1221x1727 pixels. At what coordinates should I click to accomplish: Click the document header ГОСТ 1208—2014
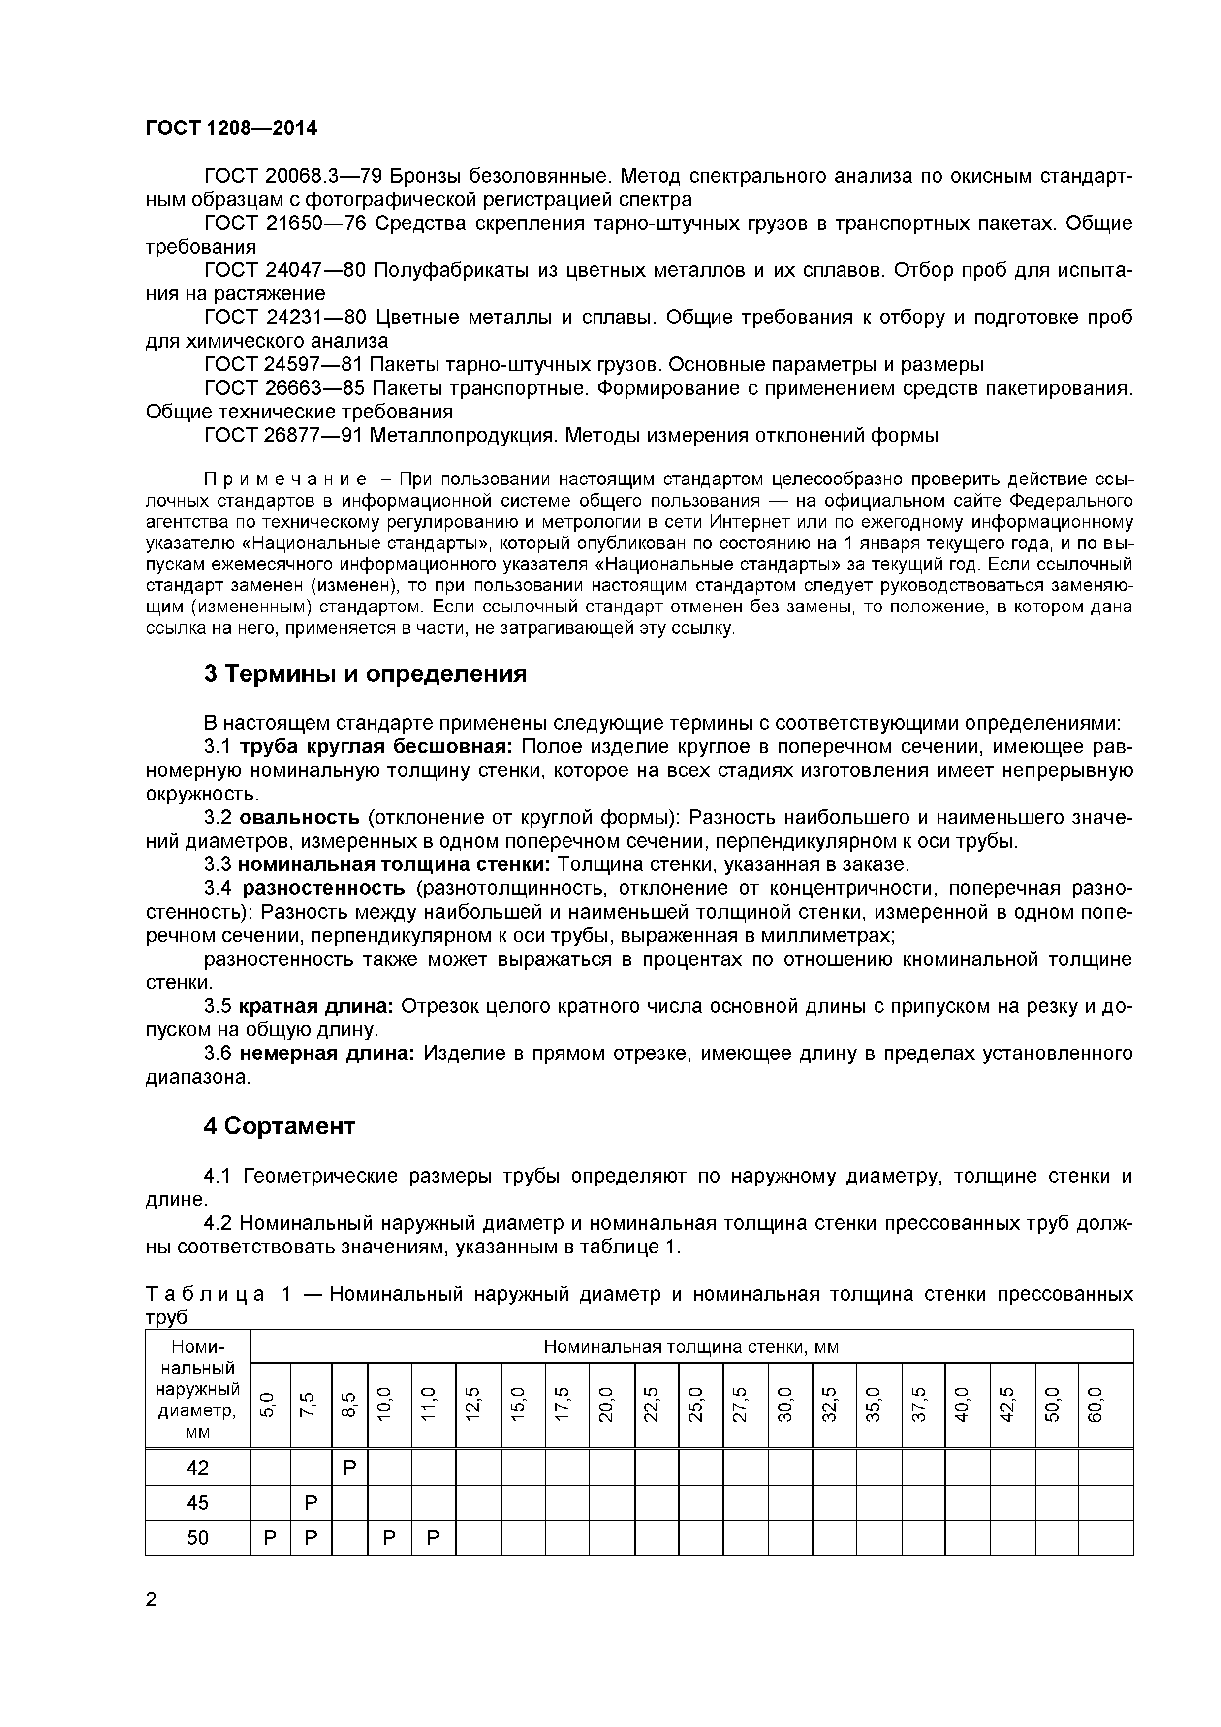coord(231,128)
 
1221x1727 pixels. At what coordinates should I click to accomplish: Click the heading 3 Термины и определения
coord(365,674)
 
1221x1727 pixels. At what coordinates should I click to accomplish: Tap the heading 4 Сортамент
coord(279,1126)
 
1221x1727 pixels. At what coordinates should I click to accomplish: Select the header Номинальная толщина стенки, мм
coord(691,1346)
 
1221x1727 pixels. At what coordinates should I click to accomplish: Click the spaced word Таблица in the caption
coord(205,1294)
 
